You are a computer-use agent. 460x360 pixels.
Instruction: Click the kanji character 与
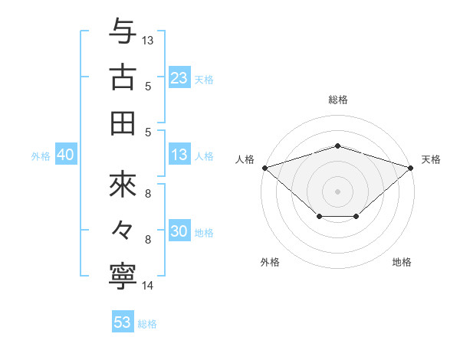coord(123,31)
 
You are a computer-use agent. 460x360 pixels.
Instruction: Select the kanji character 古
coord(123,77)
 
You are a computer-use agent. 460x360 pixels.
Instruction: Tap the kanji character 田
coord(123,123)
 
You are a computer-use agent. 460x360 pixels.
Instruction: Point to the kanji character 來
coord(123,185)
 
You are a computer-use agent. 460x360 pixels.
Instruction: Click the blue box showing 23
coord(179,77)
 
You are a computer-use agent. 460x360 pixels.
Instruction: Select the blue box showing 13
coord(179,155)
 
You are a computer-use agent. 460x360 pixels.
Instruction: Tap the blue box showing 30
coord(179,232)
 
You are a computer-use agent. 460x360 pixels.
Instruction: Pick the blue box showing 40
coord(65,155)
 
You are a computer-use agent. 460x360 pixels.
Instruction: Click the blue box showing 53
coord(122,322)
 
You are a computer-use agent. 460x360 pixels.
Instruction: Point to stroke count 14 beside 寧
coord(148,286)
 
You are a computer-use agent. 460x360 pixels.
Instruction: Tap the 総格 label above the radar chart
coord(337,100)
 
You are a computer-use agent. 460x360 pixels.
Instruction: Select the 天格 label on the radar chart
coord(431,159)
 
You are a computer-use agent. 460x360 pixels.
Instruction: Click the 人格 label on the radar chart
coord(245,159)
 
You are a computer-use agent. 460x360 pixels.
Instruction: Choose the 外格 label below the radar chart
coord(270,262)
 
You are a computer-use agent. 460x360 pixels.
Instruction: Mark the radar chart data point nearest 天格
coord(412,167)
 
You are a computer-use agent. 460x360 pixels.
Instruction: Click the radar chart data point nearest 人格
coord(264,167)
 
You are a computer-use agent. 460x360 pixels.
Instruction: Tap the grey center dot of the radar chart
coord(337,191)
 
